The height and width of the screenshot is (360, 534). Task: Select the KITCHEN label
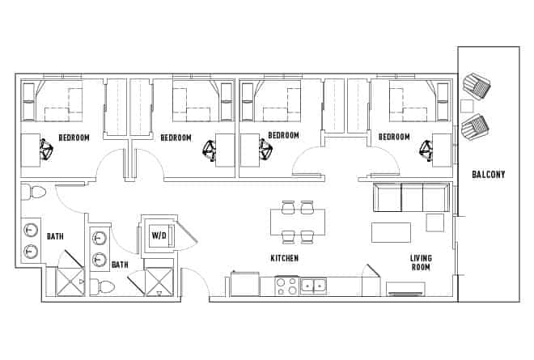point(285,259)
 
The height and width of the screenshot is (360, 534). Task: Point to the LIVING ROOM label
point(420,262)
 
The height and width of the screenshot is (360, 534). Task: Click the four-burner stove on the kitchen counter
point(286,286)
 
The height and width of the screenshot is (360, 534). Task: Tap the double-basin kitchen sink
point(312,286)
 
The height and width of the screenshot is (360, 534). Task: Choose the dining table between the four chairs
point(297,222)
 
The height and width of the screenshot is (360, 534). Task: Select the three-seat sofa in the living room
point(410,197)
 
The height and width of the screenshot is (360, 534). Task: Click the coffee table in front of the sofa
point(391,231)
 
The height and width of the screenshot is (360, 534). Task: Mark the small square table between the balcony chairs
point(467,106)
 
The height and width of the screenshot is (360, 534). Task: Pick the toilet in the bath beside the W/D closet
point(104,286)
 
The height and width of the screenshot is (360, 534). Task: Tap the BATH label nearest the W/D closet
point(120,265)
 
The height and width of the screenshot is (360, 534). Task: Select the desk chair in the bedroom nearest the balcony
point(425,149)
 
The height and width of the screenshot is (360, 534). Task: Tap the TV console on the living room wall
point(406,288)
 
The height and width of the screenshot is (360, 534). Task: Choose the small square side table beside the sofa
point(435,222)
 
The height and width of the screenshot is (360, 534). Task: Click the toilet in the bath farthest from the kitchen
point(34,193)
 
